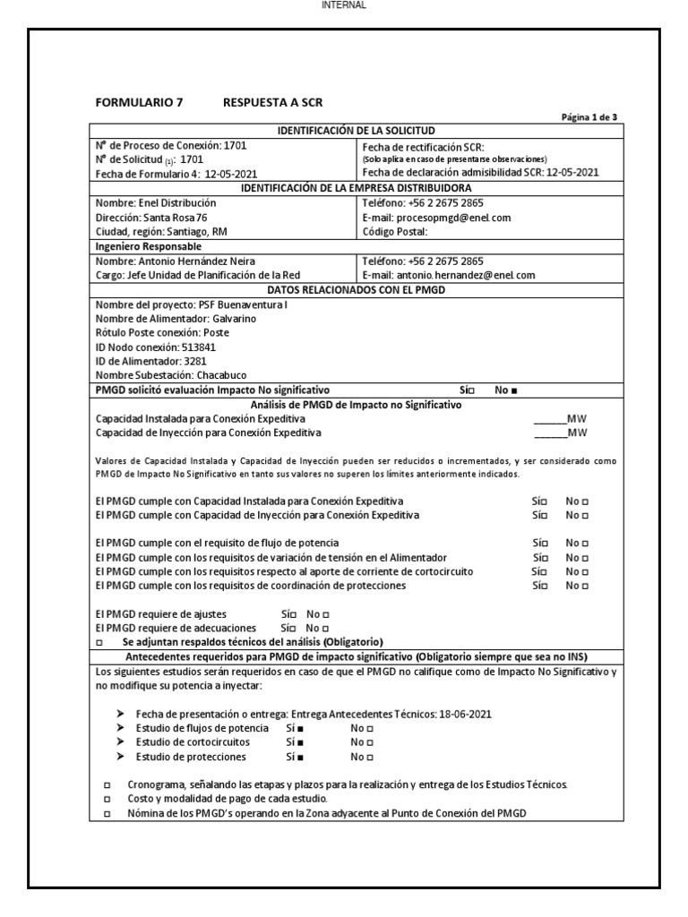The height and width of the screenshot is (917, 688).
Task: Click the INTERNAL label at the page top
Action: click(343, 5)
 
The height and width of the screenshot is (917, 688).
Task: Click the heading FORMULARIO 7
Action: click(139, 102)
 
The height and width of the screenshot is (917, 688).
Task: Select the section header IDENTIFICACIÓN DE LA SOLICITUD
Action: click(357, 131)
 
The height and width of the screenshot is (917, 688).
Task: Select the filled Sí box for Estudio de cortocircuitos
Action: click(300, 742)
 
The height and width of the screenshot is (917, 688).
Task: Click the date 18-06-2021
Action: click(464, 714)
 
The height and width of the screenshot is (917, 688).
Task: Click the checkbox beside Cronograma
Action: click(107, 784)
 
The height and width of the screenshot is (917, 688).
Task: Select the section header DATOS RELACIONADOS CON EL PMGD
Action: click(357, 289)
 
